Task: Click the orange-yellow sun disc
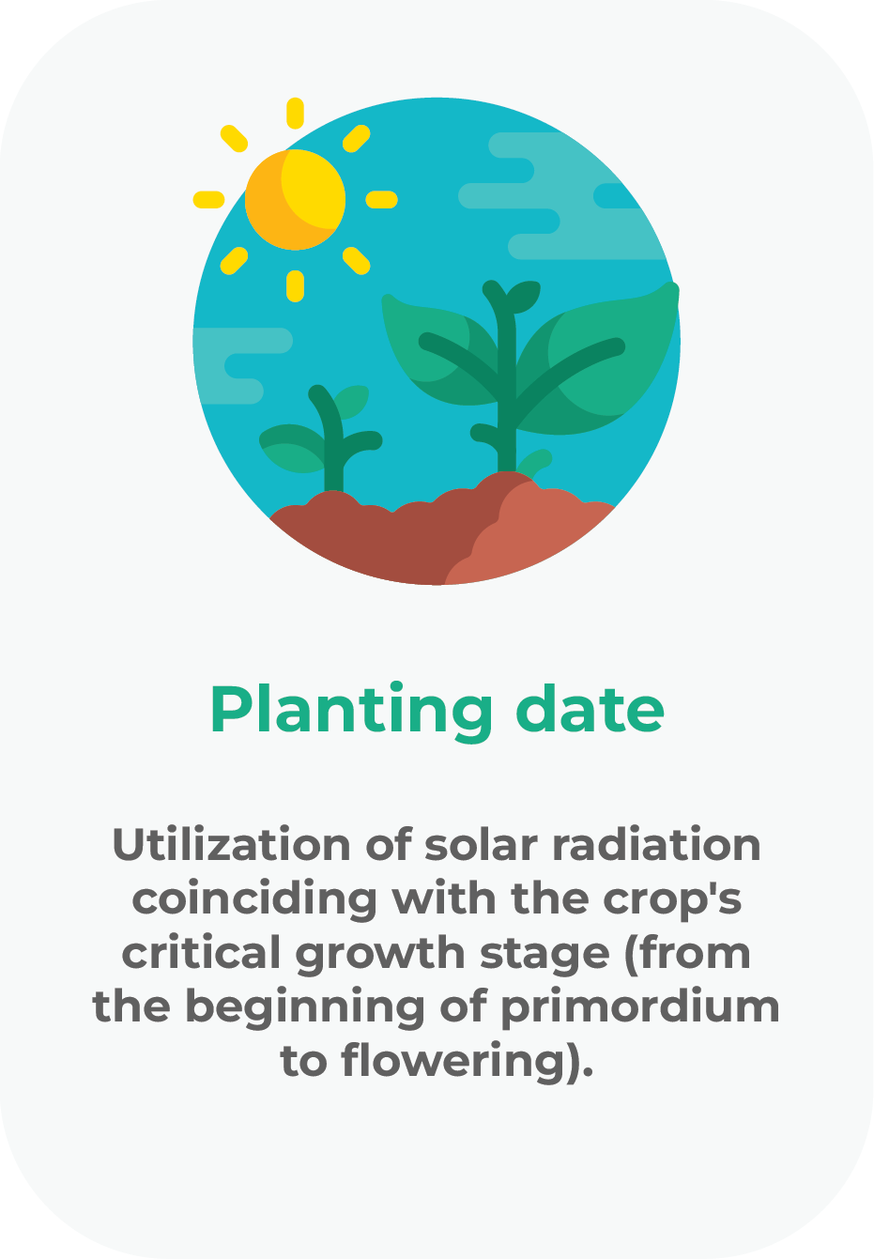pos(295,200)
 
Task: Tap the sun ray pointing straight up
pos(295,113)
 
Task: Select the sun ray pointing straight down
pos(295,286)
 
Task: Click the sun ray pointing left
pos(208,200)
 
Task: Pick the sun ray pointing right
pos(382,200)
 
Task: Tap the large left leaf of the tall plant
pos(438,351)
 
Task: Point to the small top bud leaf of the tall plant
pos(524,297)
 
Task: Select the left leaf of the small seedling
pos(291,449)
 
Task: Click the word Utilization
pos(232,845)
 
